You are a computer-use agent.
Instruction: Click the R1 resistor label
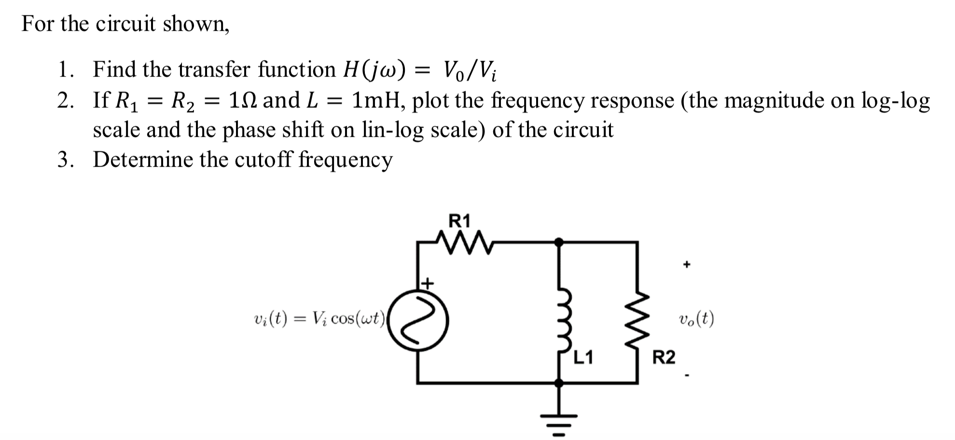click(459, 221)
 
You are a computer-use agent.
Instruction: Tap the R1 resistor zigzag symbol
click(464, 242)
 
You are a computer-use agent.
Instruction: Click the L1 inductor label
click(583, 358)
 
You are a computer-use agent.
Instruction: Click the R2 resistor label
click(664, 358)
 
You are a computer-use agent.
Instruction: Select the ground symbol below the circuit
click(559, 424)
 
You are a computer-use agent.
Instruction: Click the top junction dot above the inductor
click(559, 242)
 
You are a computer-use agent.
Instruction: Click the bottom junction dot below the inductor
click(559, 383)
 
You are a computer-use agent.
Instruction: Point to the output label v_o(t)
click(696, 319)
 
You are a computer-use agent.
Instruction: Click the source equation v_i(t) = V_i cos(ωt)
click(319, 319)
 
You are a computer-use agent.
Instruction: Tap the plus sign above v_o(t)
click(687, 264)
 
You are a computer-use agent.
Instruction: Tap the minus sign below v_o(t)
click(687, 375)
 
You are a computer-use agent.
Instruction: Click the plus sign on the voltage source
click(428, 282)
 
